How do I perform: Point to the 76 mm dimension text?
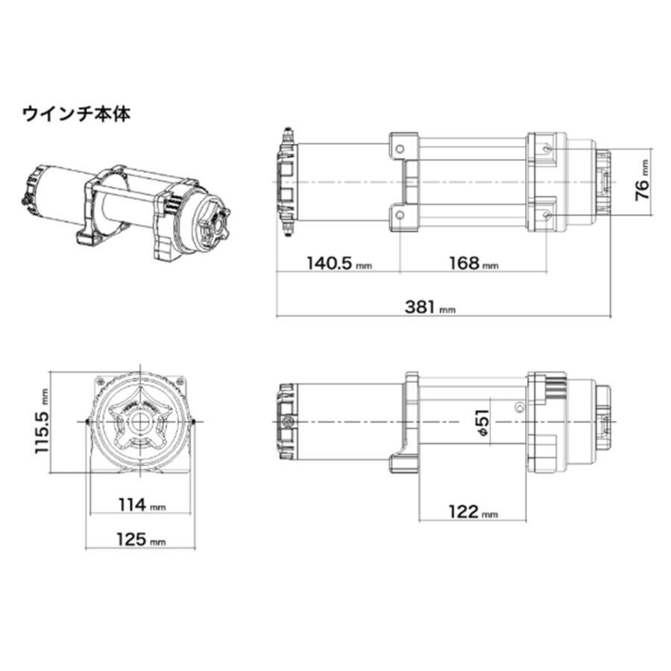point(642,183)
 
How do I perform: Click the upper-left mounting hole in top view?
point(400,147)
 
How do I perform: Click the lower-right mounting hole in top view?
point(549,215)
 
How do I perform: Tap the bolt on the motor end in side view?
point(288,423)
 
